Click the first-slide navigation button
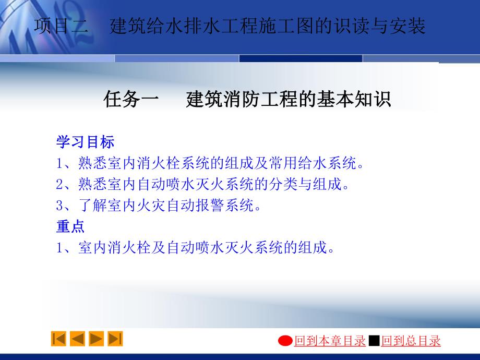[x=58, y=339]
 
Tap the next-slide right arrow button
[x=96, y=339]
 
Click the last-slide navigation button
[x=115, y=339]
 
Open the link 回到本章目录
[x=330, y=341]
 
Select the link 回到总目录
[x=411, y=341]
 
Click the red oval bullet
[x=285, y=341]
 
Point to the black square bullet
[x=374, y=341]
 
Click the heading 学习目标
[x=85, y=142]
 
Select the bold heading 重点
[x=70, y=226]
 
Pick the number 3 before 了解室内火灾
[x=59, y=206]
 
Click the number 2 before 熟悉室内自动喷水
[x=59, y=185]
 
